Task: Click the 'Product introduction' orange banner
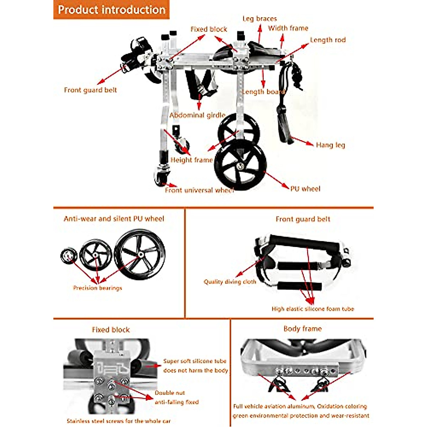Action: (x=111, y=10)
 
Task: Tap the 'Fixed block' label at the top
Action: (x=209, y=29)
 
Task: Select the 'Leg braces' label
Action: (x=259, y=19)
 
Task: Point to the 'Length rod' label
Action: (x=328, y=40)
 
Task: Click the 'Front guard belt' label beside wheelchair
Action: (x=90, y=90)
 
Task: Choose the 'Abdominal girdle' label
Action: (x=197, y=115)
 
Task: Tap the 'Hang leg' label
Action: (x=330, y=145)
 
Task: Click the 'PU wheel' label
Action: (x=305, y=189)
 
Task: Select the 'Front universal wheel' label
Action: (x=199, y=190)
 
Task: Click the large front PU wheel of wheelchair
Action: (x=241, y=165)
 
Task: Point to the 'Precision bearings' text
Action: (x=97, y=288)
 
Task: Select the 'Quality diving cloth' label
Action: (x=230, y=282)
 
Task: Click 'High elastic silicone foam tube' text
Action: (x=313, y=309)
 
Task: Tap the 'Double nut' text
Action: (x=170, y=393)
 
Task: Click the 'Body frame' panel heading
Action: (x=302, y=329)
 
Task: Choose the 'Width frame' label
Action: (x=288, y=28)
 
